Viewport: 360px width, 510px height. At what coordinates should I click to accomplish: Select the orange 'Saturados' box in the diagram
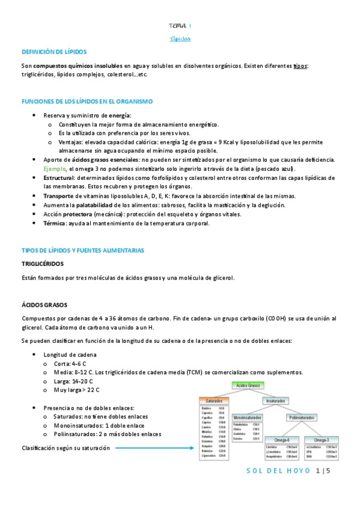pos(214,400)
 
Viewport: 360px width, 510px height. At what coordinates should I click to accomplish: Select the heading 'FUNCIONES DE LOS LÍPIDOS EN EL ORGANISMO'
pos(87,102)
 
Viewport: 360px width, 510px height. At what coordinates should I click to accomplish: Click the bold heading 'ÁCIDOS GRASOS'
pos(44,306)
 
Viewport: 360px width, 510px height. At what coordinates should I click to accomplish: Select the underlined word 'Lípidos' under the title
pos(180,38)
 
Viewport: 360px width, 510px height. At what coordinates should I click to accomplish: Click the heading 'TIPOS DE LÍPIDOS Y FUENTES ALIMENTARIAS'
pos(83,250)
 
